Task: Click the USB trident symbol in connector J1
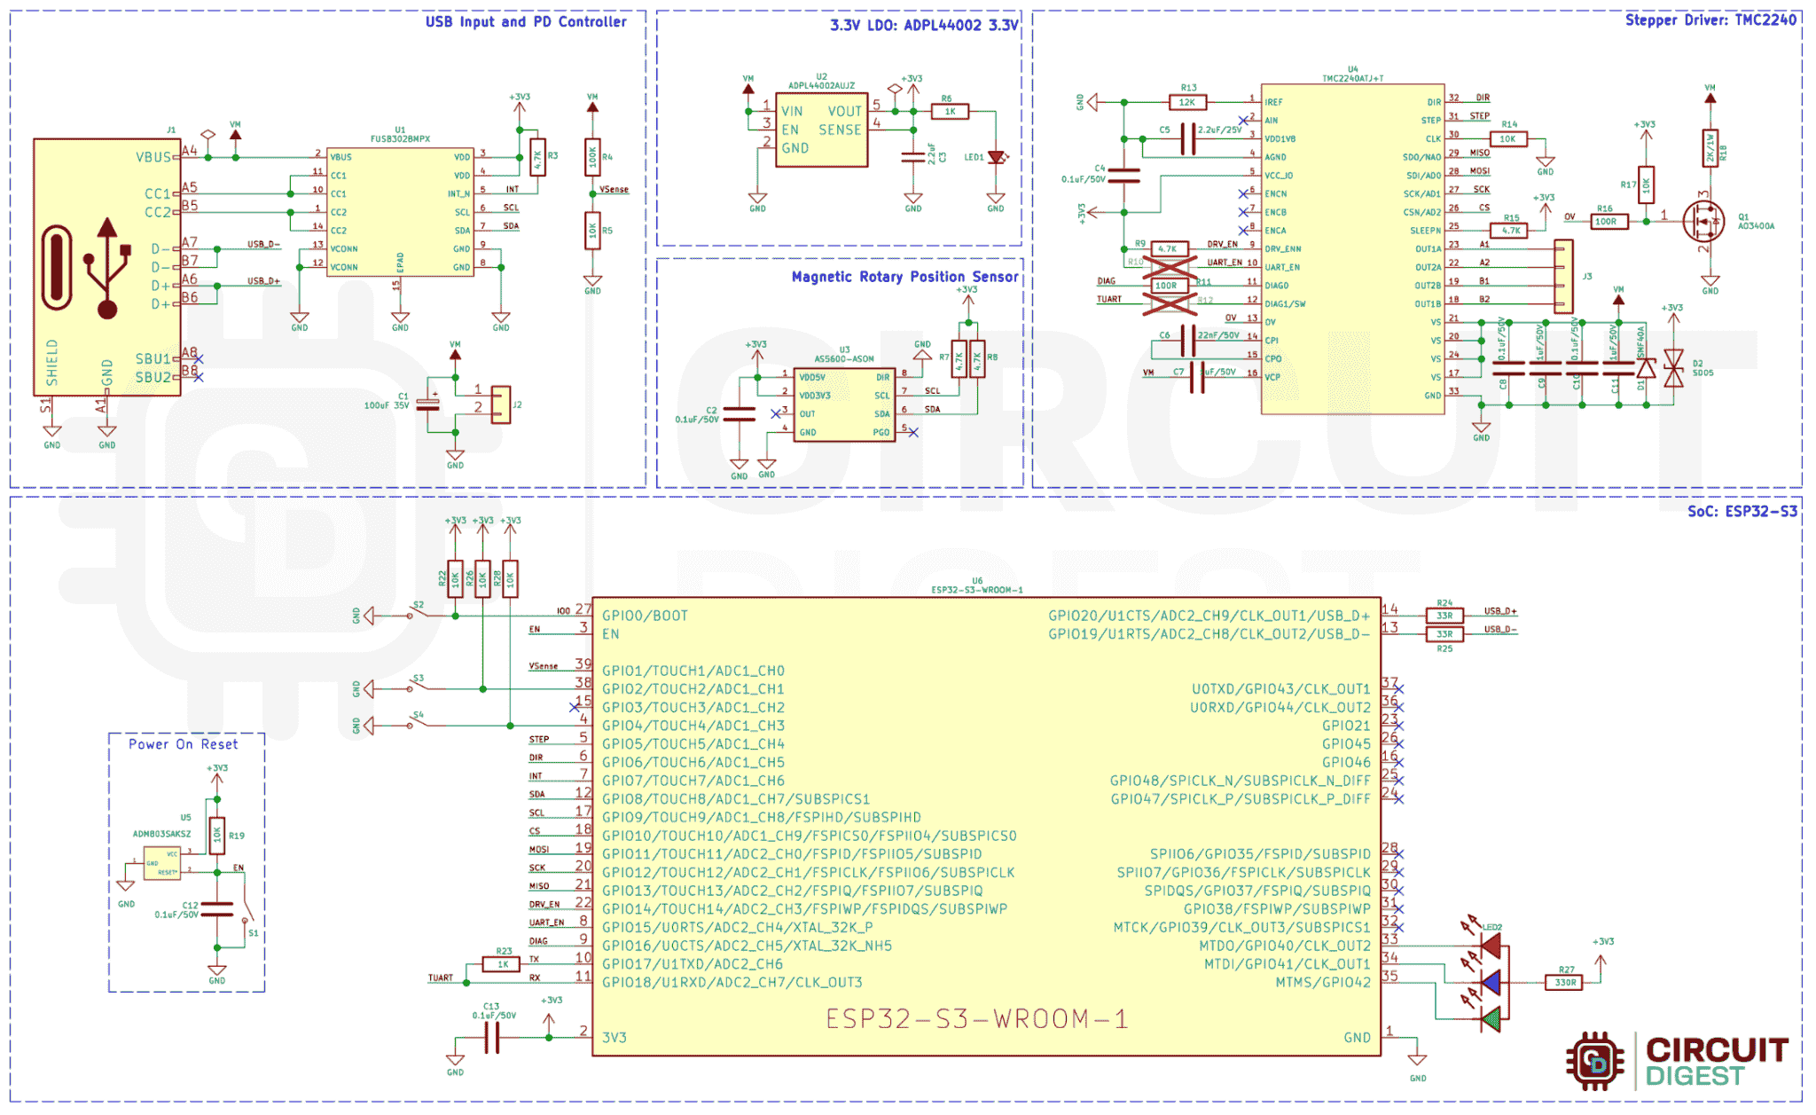coord(107,267)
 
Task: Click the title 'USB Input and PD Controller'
coord(525,21)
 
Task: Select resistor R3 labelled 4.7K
coord(537,157)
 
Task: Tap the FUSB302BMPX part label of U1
coord(400,139)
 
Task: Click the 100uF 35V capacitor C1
coord(428,404)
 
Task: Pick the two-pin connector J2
coord(501,404)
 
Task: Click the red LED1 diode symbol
coord(996,158)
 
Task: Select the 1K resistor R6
coord(950,112)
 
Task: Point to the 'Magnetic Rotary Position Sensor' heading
coord(904,277)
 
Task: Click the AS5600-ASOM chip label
coord(844,359)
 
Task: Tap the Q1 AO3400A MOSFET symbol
coord(1702,220)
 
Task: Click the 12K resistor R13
coord(1187,103)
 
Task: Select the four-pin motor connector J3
coord(1563,276)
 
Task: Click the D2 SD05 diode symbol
coord(1673,368)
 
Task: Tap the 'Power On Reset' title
coord(183,744)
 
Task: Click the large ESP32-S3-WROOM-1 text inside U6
coord(976,1018)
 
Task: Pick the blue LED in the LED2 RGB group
coord(1491,983)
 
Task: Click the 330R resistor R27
coord(1565,983)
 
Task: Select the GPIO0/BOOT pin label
coord(645,616)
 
